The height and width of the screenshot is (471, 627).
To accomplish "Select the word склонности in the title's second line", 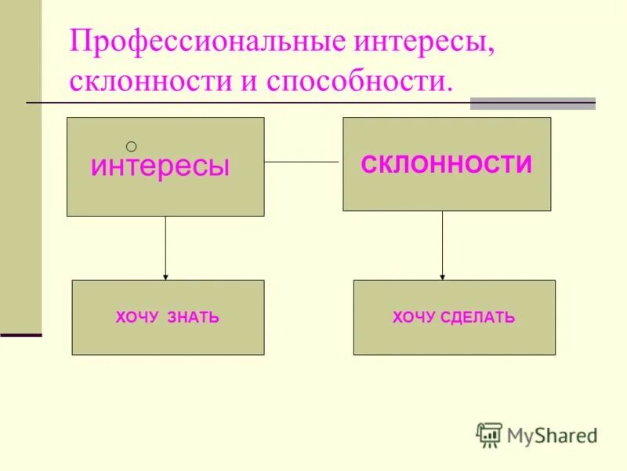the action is point(144,82).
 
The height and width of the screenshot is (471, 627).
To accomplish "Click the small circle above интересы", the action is point(131,145).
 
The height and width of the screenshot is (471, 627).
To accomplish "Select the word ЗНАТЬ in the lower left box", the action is point(193,318).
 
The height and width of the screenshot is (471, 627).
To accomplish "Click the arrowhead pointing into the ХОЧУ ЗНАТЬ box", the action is point(165,276).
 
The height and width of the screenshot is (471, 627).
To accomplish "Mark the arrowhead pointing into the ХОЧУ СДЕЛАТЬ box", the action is point(443,276).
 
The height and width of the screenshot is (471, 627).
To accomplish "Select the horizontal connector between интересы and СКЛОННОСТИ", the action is point(303,162).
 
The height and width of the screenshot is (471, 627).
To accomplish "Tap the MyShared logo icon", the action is point(489,435).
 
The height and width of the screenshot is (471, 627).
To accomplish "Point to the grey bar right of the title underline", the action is point(532,103).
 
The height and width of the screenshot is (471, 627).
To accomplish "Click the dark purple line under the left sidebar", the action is point(20,335).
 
